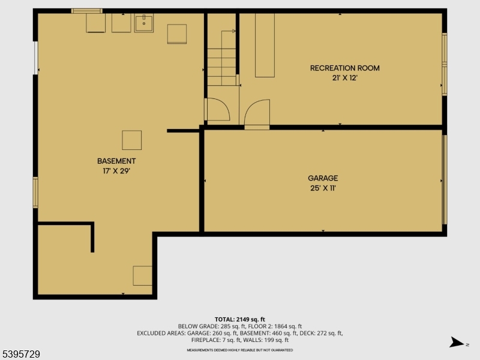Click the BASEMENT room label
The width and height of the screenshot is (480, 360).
(x=116, y=161)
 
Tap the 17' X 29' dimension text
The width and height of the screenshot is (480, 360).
(x=116, y=171)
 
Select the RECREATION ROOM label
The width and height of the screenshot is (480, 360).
(x=344, y=68)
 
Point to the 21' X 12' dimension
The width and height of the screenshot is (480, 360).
(x=344, y=78)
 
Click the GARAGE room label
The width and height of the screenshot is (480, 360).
(x=323, y=178)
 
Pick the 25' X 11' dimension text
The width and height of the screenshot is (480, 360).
(x=323, y=188)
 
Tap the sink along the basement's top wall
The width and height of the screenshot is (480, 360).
(x=143, y=23)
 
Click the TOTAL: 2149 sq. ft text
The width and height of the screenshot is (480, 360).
(x=240, y=319)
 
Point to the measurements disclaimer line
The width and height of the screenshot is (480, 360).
(x=240, y=350)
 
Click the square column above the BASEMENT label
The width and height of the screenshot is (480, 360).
(x=132, y=140)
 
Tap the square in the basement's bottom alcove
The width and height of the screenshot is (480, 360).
(x=142, y=275)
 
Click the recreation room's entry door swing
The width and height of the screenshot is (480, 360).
(x=257, y=113)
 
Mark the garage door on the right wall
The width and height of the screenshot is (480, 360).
(x=445, y=179)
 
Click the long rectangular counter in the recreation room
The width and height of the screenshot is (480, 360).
(x=265, y=45)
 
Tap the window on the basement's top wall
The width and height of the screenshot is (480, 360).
(x=86, y=11)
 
